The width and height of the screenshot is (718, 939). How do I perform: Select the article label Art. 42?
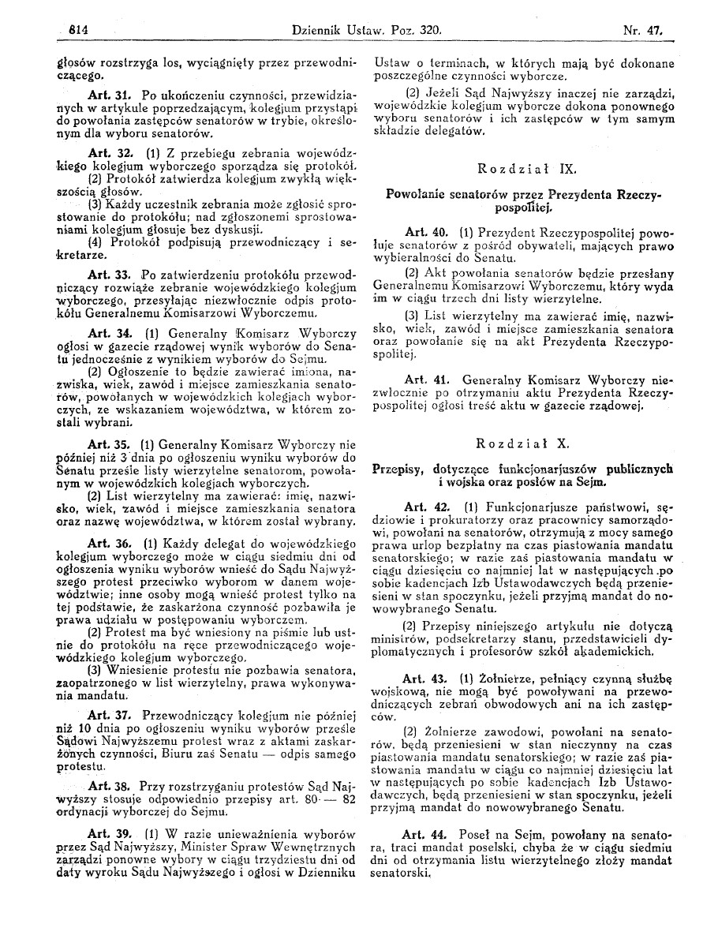(x=425, y=505)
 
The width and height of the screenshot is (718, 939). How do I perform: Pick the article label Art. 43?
(x=424, y=678)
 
